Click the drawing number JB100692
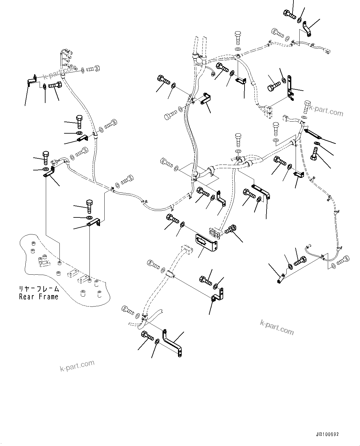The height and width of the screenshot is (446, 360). pyautogui.click(x=327, y=434)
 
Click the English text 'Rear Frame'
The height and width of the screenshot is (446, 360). pyautogui.click(x=38, y=297)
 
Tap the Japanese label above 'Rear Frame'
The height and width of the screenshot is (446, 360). pyautogui.click(x=38, y=289)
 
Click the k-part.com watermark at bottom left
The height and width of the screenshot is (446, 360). pyautogui.click(x=77, y=366)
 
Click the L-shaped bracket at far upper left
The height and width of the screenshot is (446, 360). pyautogui.click(x=31, y=81)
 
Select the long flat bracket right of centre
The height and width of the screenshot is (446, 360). pyautogui.click(x=261, y=191)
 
